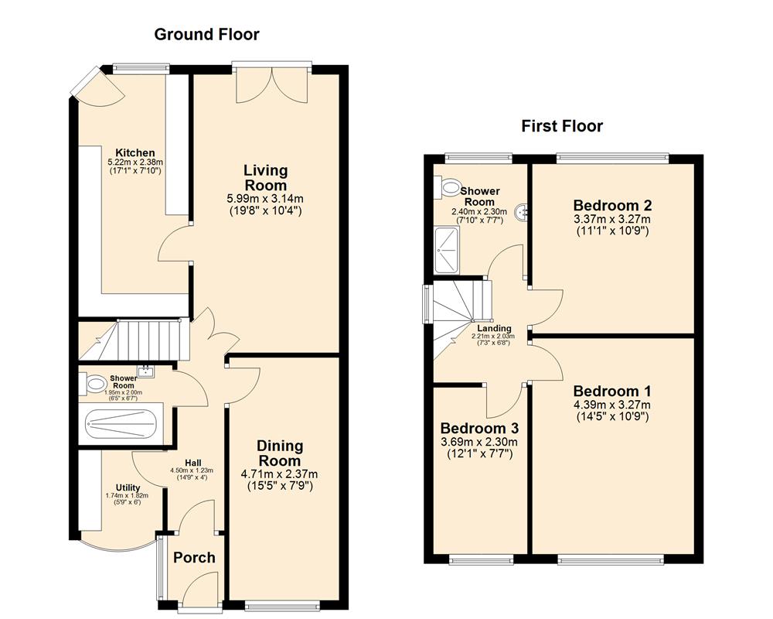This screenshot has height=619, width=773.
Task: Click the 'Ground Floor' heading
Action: pyautogui.click(x=206, y=34)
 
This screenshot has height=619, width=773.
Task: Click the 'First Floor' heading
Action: pyautogui.click(x=562, y=126)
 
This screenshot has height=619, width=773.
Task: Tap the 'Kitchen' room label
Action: pyautogui.click(x=135, y=152)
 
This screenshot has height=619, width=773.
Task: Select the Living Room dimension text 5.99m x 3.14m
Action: pyautogui.click(x=265, y=199)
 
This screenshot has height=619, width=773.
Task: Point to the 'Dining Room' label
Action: pyautogui.click(x=279, y=453)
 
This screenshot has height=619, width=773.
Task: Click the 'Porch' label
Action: pyautogui.click(x=194, y=558)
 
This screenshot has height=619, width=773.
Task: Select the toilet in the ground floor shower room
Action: pyautogui.click(x=95, y=382)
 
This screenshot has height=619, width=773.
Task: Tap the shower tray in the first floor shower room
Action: pyautogui.click(x=447, y=250)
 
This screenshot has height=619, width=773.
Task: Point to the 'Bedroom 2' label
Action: pyautogui.click(x=612, y=206)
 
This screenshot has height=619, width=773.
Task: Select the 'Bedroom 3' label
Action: pyautogui.click(x=479, y=429)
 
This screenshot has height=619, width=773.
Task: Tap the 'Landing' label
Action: pyautogui.click(x=494, y=328)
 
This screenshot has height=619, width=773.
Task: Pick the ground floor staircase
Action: pyautogui.click(x=147, y=339)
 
